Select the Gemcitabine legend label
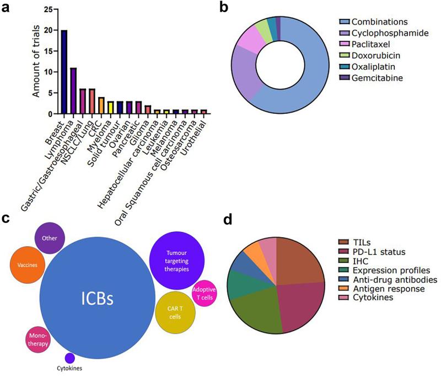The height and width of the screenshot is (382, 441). pos(379,78)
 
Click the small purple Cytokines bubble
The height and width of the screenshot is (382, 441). pos(70,358)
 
